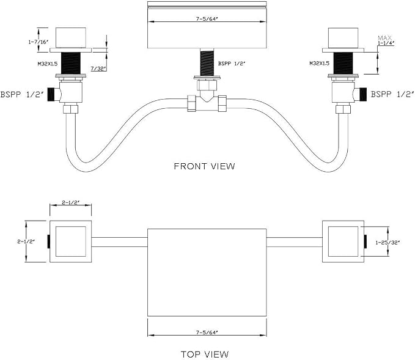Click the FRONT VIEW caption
204,166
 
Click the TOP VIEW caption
205,354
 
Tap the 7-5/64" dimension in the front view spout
207,19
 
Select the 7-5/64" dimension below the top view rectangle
207,332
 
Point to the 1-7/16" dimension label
39,42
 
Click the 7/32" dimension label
98,69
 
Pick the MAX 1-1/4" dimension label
385,40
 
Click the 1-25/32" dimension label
387,242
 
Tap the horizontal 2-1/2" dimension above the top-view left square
71,202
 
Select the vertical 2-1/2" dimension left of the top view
26,241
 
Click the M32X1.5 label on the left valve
48,64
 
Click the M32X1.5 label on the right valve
320,64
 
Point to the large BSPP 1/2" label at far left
22,95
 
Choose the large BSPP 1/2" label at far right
392,95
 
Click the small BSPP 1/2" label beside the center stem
232,64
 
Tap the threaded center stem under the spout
207,62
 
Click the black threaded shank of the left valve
71,64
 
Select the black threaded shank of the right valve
343,64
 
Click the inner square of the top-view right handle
343,241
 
